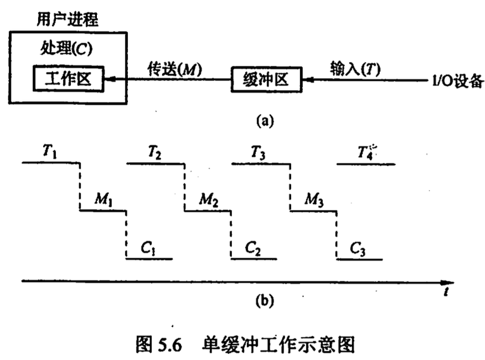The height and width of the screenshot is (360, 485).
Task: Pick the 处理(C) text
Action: tap(66, 48)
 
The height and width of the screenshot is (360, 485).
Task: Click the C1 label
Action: tap(148, 249)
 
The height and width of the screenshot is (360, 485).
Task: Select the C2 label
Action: tap(253, 249)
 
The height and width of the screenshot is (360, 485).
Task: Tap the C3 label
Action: tap(358, 249)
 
